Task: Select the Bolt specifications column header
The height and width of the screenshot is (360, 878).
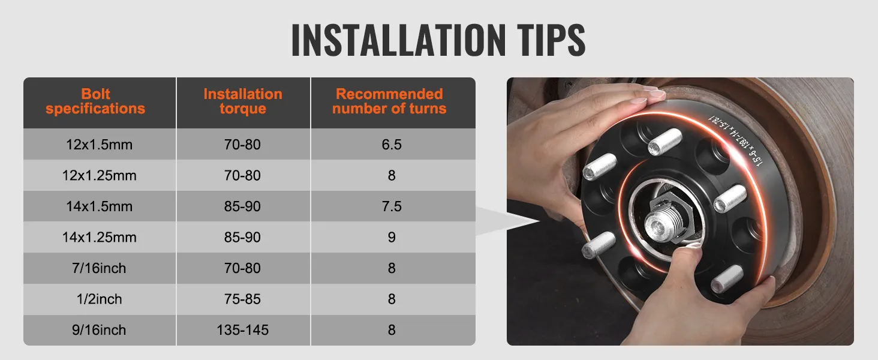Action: pyautogui.click(x=95, y=101)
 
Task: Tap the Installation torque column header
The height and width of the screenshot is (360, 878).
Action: pyautogui.click(x=243, y=101)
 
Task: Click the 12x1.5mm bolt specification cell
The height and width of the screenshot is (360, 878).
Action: pyautogui.click(x=100, y=145)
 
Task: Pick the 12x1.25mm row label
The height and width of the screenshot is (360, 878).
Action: pyautogui.click(x=100, y=176)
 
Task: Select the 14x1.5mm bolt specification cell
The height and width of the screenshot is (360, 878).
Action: pyautogui.click(x=100, y=206)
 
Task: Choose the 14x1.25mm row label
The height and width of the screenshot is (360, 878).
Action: pyautogui.click(x=100, y=238)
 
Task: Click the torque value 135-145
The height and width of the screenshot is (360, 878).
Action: pyautogui.click(x=243, y=330)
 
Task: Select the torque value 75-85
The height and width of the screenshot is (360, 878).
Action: pyautogui.click(x=243, y=299)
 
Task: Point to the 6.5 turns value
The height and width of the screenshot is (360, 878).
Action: pyautogui.click(x=392, y=145)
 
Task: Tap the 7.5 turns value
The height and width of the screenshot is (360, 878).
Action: pyautogui.click(x=392, y=206)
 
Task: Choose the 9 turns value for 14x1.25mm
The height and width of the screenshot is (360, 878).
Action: pyautogui.click(x=392, y=238)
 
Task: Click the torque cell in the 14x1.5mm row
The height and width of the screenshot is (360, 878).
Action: pyautogui.click(x=243, y=206)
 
